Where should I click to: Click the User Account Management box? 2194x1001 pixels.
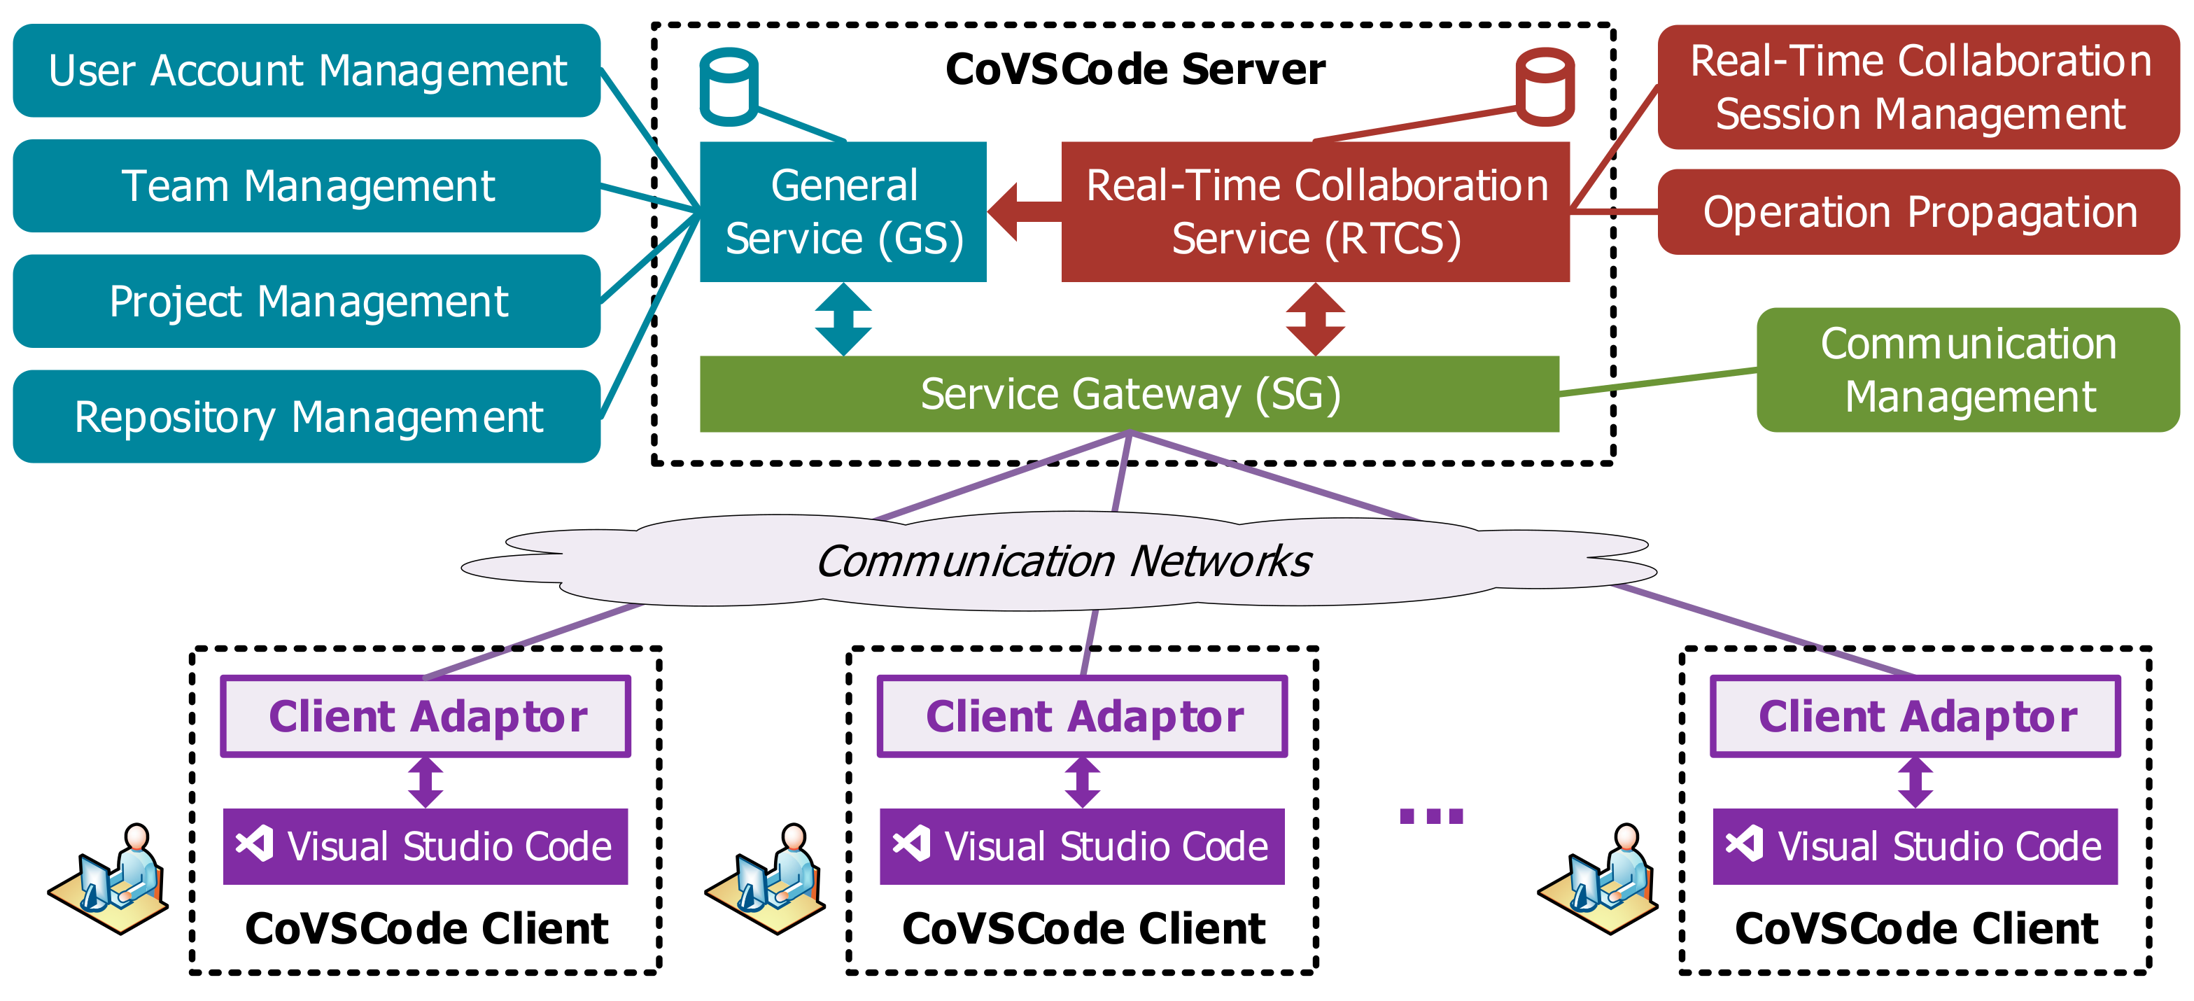[x=307, y=71]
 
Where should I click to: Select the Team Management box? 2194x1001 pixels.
[x=307, y=185]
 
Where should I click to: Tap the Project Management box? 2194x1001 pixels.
[x=307, y=302]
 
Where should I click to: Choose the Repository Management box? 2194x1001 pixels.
[x=307, y=416]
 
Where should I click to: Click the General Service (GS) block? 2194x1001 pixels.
[x=843, y=212]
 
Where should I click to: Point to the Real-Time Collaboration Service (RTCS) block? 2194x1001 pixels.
[x=1315, y=212]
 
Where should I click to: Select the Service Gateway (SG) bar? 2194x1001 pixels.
[x=1129, y=393]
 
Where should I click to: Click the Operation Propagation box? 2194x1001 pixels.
[x=1918, y=212]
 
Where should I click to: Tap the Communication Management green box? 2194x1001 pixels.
[x=1967, y=370]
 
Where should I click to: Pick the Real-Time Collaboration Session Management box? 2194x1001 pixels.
[x=1918, y=87]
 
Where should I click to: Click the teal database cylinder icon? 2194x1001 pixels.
[x=729, y=87]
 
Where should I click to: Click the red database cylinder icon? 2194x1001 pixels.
[x=1544, y=87]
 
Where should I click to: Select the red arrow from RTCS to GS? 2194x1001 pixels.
[x=1022, y=212]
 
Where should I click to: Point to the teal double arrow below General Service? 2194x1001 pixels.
[x=843, y=318]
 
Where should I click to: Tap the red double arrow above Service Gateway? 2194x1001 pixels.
[x=1315, y=318]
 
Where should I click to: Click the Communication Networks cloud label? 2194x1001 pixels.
[x=1063, y=561]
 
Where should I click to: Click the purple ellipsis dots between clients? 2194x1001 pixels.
[x=1431, y=816]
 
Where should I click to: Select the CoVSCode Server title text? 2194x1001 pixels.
[x=1134, y=70]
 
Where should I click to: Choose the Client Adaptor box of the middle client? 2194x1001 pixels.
[x=1082, y=717]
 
